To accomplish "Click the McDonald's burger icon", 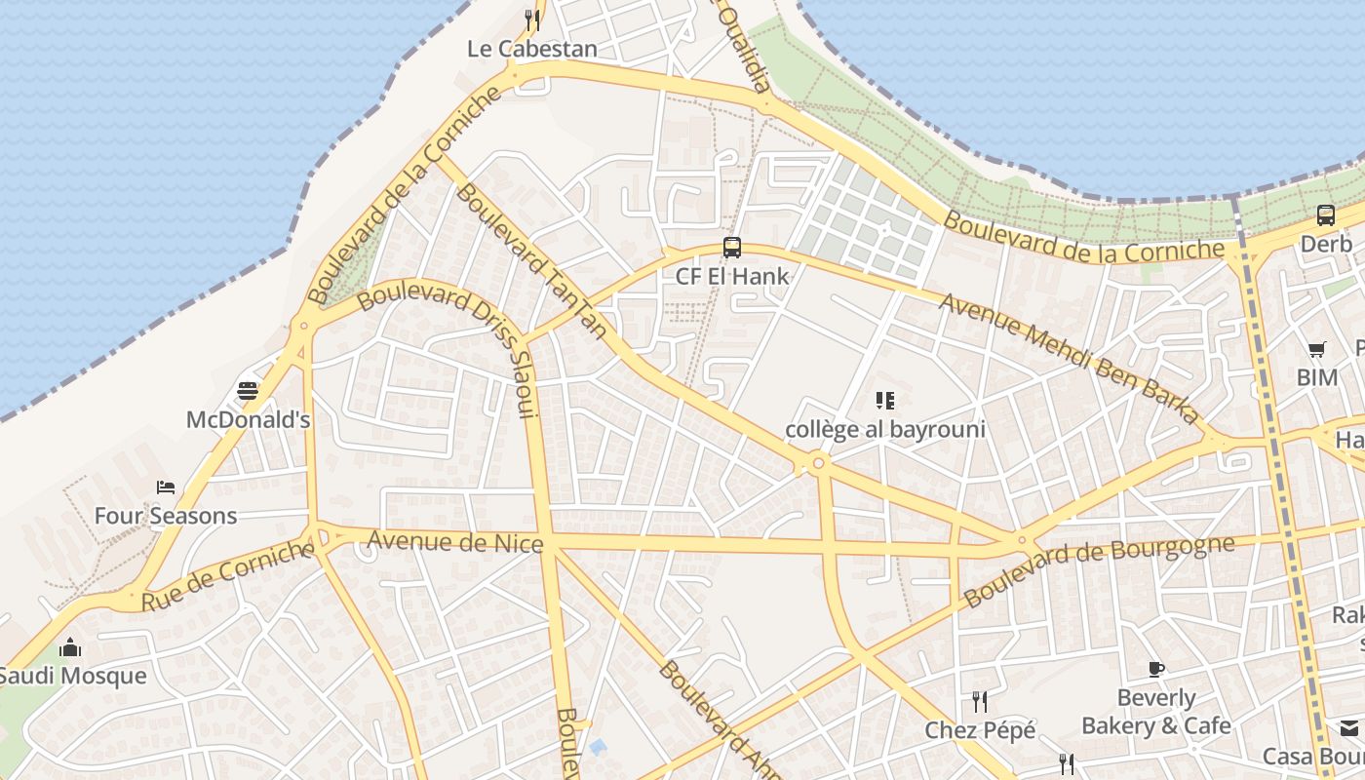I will point(248,391).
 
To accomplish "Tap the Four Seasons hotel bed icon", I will point(166,487).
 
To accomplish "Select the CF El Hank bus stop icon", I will point(732,248).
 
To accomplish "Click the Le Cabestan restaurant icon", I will point(531,19).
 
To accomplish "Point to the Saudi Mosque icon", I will point(70,647).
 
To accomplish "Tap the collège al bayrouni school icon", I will point(885,400).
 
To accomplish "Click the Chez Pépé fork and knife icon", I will point(980,701).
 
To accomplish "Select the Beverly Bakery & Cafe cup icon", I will point(1156,669).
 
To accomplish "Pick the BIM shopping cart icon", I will point(1317,349).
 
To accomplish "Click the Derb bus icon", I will point(1326,215).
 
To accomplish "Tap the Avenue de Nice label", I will point(454,541).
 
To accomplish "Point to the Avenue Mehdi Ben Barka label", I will point(1069,358).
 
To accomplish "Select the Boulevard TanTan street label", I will point(531,260).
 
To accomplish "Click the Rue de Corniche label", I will point(228,577).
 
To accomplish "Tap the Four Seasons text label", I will point(166,516).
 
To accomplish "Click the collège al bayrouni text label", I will point(885,429).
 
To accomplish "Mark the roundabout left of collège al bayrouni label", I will point(818,463).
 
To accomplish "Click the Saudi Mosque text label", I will point(72,676).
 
